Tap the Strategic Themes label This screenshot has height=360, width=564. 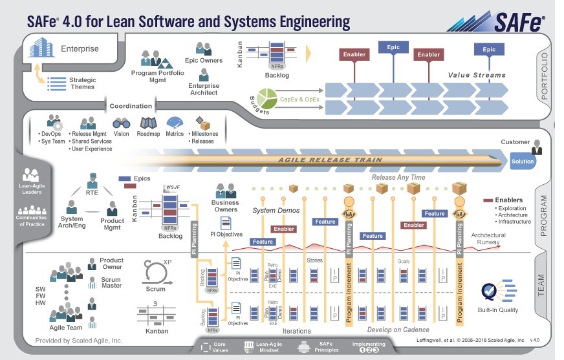(83, 83)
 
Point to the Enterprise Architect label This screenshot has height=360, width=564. (204, 89)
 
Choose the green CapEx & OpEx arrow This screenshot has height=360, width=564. (298, 100)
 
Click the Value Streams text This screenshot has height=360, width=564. (477, 75)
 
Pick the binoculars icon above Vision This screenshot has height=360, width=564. (121, 123)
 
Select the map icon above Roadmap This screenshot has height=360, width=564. (148, 123)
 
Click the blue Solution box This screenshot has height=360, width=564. (522, 162)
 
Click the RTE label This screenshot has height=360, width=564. (92, 192)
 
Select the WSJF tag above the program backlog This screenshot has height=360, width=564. (172, 187)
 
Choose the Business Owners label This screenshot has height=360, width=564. (225, 206)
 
